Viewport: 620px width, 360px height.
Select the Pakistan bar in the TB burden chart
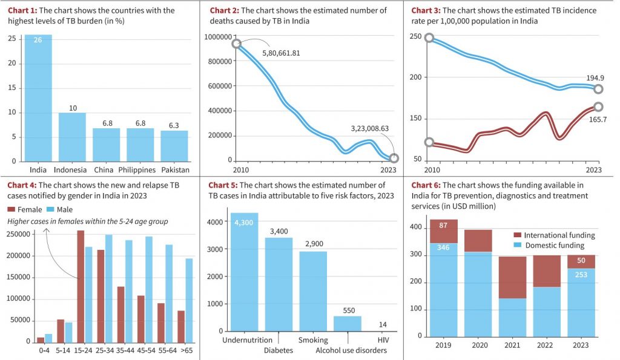tap(174, 146)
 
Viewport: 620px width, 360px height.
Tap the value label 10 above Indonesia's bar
tap(72, 108)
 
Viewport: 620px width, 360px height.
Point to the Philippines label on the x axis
tap(140, 169)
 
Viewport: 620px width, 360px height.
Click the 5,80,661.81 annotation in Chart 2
tap(281, 53)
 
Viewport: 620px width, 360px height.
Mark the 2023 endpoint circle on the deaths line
tap(394, 159)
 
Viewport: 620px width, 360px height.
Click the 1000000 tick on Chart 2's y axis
tap(219, 37)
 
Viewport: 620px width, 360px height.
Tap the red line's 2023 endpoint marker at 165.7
tap(598, 106)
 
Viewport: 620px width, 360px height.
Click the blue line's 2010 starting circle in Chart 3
tap(429, 38)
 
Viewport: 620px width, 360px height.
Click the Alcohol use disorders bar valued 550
tap(348, 323)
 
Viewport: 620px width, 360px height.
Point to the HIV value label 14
tap(382, 324)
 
